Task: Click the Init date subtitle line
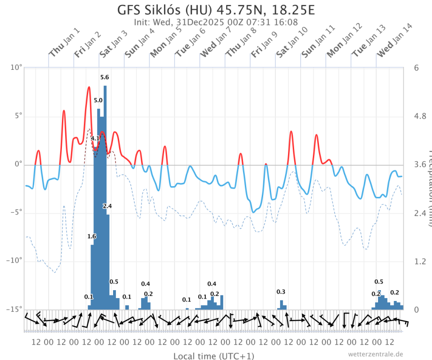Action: tap(216, 22)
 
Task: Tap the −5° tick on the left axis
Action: tap(16, 213)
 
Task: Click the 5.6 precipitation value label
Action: tap(105, 77)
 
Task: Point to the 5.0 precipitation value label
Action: tap(98, 100)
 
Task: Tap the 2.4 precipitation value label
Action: tap(107, 206)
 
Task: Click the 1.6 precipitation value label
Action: tap(91, 236)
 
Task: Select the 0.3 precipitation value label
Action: tap(281, 292)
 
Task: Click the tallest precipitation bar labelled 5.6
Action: tap(105, 197)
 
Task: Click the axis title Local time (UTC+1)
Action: tap(214, 356)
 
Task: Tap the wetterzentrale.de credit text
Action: tap(375, 354)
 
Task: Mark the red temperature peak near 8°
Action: tap(89, 87)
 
